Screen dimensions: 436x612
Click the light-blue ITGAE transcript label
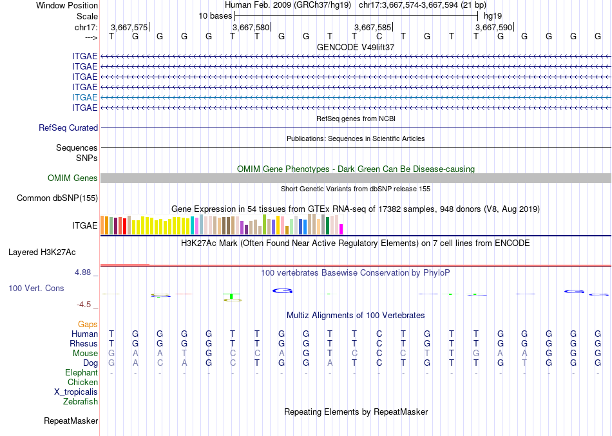tap(85, 97)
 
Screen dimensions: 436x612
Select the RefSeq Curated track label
tap(68, 128)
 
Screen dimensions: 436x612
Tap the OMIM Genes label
tap(73, 178)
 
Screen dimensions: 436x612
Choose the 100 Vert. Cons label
tap(36, 289)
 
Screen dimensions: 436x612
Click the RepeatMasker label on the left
tap(71, 421)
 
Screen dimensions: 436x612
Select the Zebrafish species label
tap(81, 402)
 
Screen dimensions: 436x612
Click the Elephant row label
tap(81, 373)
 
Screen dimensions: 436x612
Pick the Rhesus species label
tap(83, 344)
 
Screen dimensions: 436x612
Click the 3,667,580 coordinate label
tap(251, 28)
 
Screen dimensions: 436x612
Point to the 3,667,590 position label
tap(493, 28)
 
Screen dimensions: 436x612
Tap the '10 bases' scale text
tap(215, 15)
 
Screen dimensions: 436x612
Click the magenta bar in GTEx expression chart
tap(341, 229)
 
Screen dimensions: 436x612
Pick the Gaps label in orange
tap(88, 325)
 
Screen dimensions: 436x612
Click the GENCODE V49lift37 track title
tap(356, 48)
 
